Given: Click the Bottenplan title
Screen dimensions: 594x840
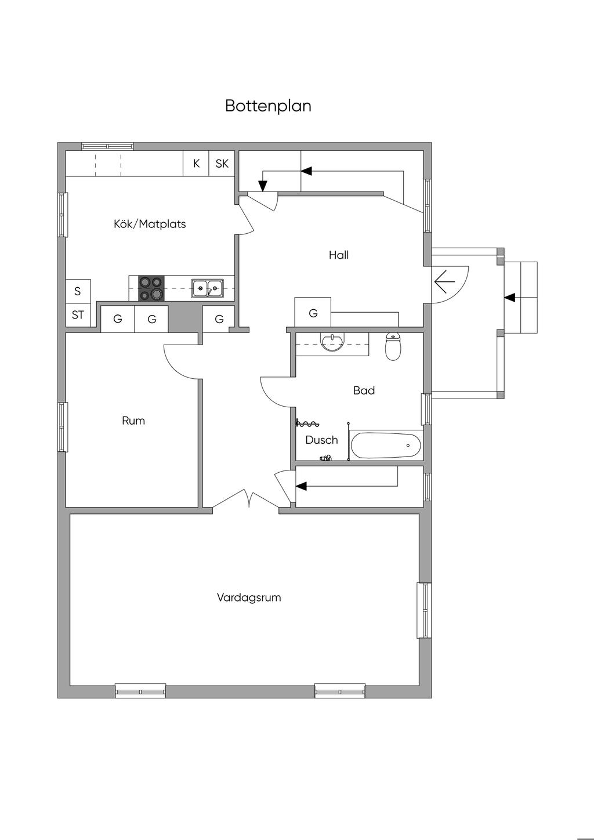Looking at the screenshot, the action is [268, 106].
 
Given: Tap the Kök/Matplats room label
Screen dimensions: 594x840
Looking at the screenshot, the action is [150, 224].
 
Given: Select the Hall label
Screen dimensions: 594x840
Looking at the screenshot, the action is [339, 255].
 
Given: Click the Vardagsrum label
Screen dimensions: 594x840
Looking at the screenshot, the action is [249, 597].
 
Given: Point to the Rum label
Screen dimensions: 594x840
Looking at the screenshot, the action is [133, 421].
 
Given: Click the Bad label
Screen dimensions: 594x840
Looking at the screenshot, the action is [364, 390].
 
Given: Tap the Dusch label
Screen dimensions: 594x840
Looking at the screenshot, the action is [321, 440].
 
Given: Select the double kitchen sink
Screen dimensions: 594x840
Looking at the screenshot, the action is [208, 288].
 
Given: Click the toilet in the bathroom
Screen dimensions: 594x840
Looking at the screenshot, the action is [393, 346].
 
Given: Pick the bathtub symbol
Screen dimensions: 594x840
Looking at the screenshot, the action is [386, 446].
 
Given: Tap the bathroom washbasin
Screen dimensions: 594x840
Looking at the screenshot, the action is [332, 342].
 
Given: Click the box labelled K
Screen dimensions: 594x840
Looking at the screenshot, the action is [197, 164].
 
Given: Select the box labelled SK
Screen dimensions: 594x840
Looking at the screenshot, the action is [222, 164].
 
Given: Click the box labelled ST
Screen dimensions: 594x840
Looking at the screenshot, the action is [78, 315].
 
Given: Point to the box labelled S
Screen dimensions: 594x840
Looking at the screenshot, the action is [78, 291].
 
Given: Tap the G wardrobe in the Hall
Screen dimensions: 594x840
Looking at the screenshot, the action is [313, 313].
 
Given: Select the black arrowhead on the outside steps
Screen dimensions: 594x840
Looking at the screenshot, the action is [509, 298].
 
